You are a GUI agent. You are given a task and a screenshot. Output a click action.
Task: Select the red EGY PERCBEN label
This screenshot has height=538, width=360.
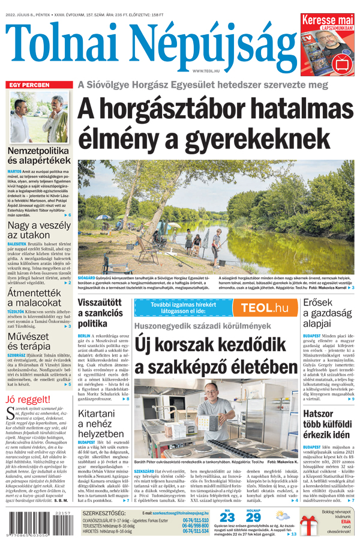(x=29, y=85)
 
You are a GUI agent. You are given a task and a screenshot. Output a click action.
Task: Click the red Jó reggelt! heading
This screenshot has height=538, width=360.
(x=28, y=400)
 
